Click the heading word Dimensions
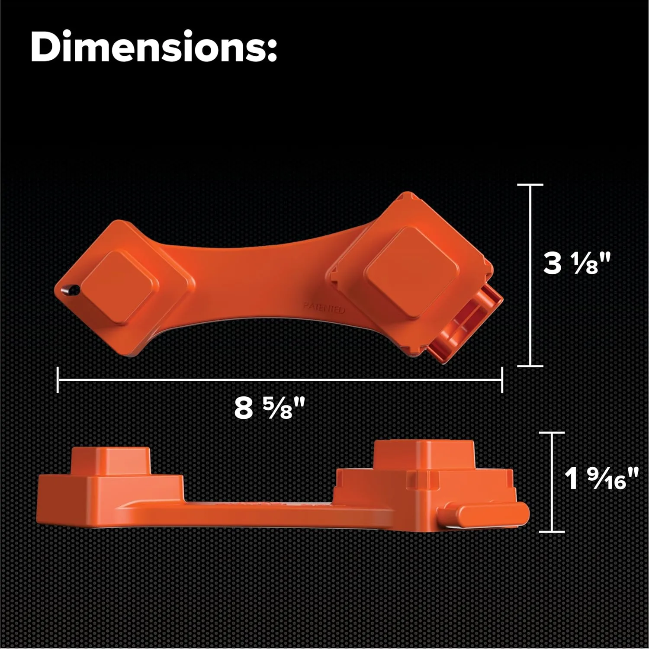[x=154, y=47]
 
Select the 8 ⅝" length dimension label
[x=270, y=408]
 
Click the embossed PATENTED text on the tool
[x=324, y=308]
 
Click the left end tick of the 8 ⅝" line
[x=58, y=380]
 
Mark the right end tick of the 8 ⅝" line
[x=502, y=380]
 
